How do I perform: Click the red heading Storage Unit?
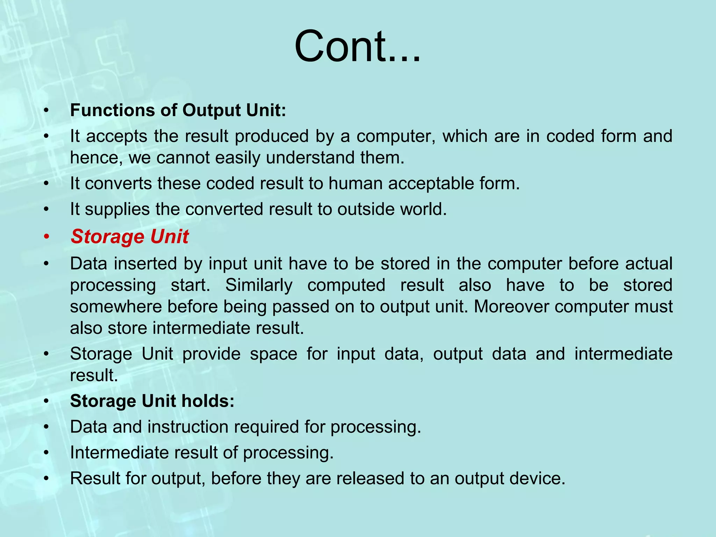coord(129,237)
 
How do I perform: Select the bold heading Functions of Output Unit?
coord(178,110)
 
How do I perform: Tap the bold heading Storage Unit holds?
coord(152,401)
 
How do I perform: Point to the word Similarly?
coord(259,285)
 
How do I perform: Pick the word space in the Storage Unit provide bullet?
coord(273,354)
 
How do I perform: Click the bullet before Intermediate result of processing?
coord(46,453)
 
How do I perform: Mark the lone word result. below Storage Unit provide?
coord(94,375)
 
